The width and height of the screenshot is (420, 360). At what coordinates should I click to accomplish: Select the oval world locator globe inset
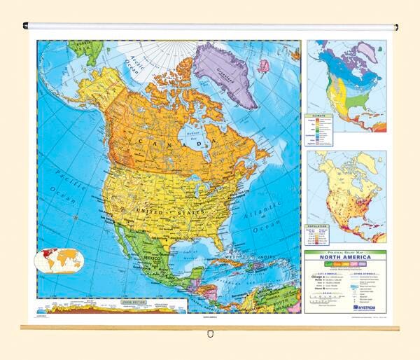point(59,261)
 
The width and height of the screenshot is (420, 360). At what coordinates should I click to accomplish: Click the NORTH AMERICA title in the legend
point(345,256)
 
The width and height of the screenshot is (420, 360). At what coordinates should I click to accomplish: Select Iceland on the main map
point(263,66)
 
